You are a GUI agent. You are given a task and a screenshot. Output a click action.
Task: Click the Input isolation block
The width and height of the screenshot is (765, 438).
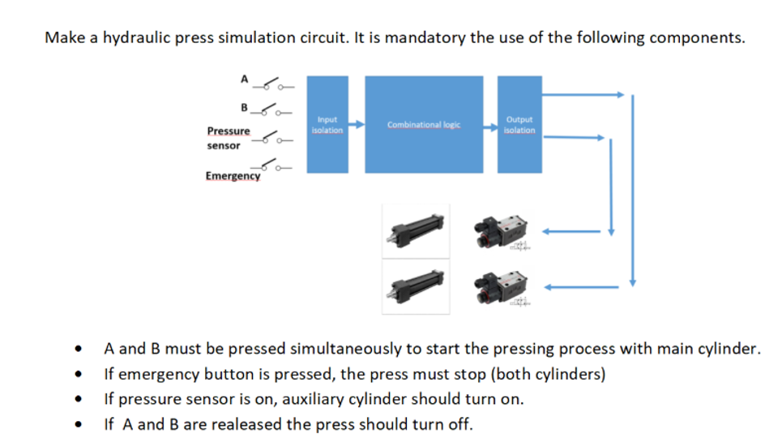[328, 125]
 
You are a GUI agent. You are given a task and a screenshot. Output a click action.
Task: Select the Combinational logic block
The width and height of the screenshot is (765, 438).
[423, 125]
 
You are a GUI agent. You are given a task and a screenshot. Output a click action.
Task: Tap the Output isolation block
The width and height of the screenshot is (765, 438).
[519, 125]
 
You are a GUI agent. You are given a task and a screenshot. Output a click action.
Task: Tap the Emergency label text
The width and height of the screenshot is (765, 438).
[233, 176]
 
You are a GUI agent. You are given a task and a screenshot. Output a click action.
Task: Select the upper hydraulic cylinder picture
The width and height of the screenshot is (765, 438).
[415, 230]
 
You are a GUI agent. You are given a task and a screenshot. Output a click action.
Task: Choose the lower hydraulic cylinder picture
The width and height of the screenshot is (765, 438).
[415, 285]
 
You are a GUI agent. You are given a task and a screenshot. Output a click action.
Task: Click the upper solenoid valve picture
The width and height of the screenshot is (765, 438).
[502, 231]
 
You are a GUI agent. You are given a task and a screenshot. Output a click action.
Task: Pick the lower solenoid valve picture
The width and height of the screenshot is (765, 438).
[502, 285]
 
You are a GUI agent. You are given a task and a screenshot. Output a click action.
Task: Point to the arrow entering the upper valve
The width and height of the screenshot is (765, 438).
[571, 231]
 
